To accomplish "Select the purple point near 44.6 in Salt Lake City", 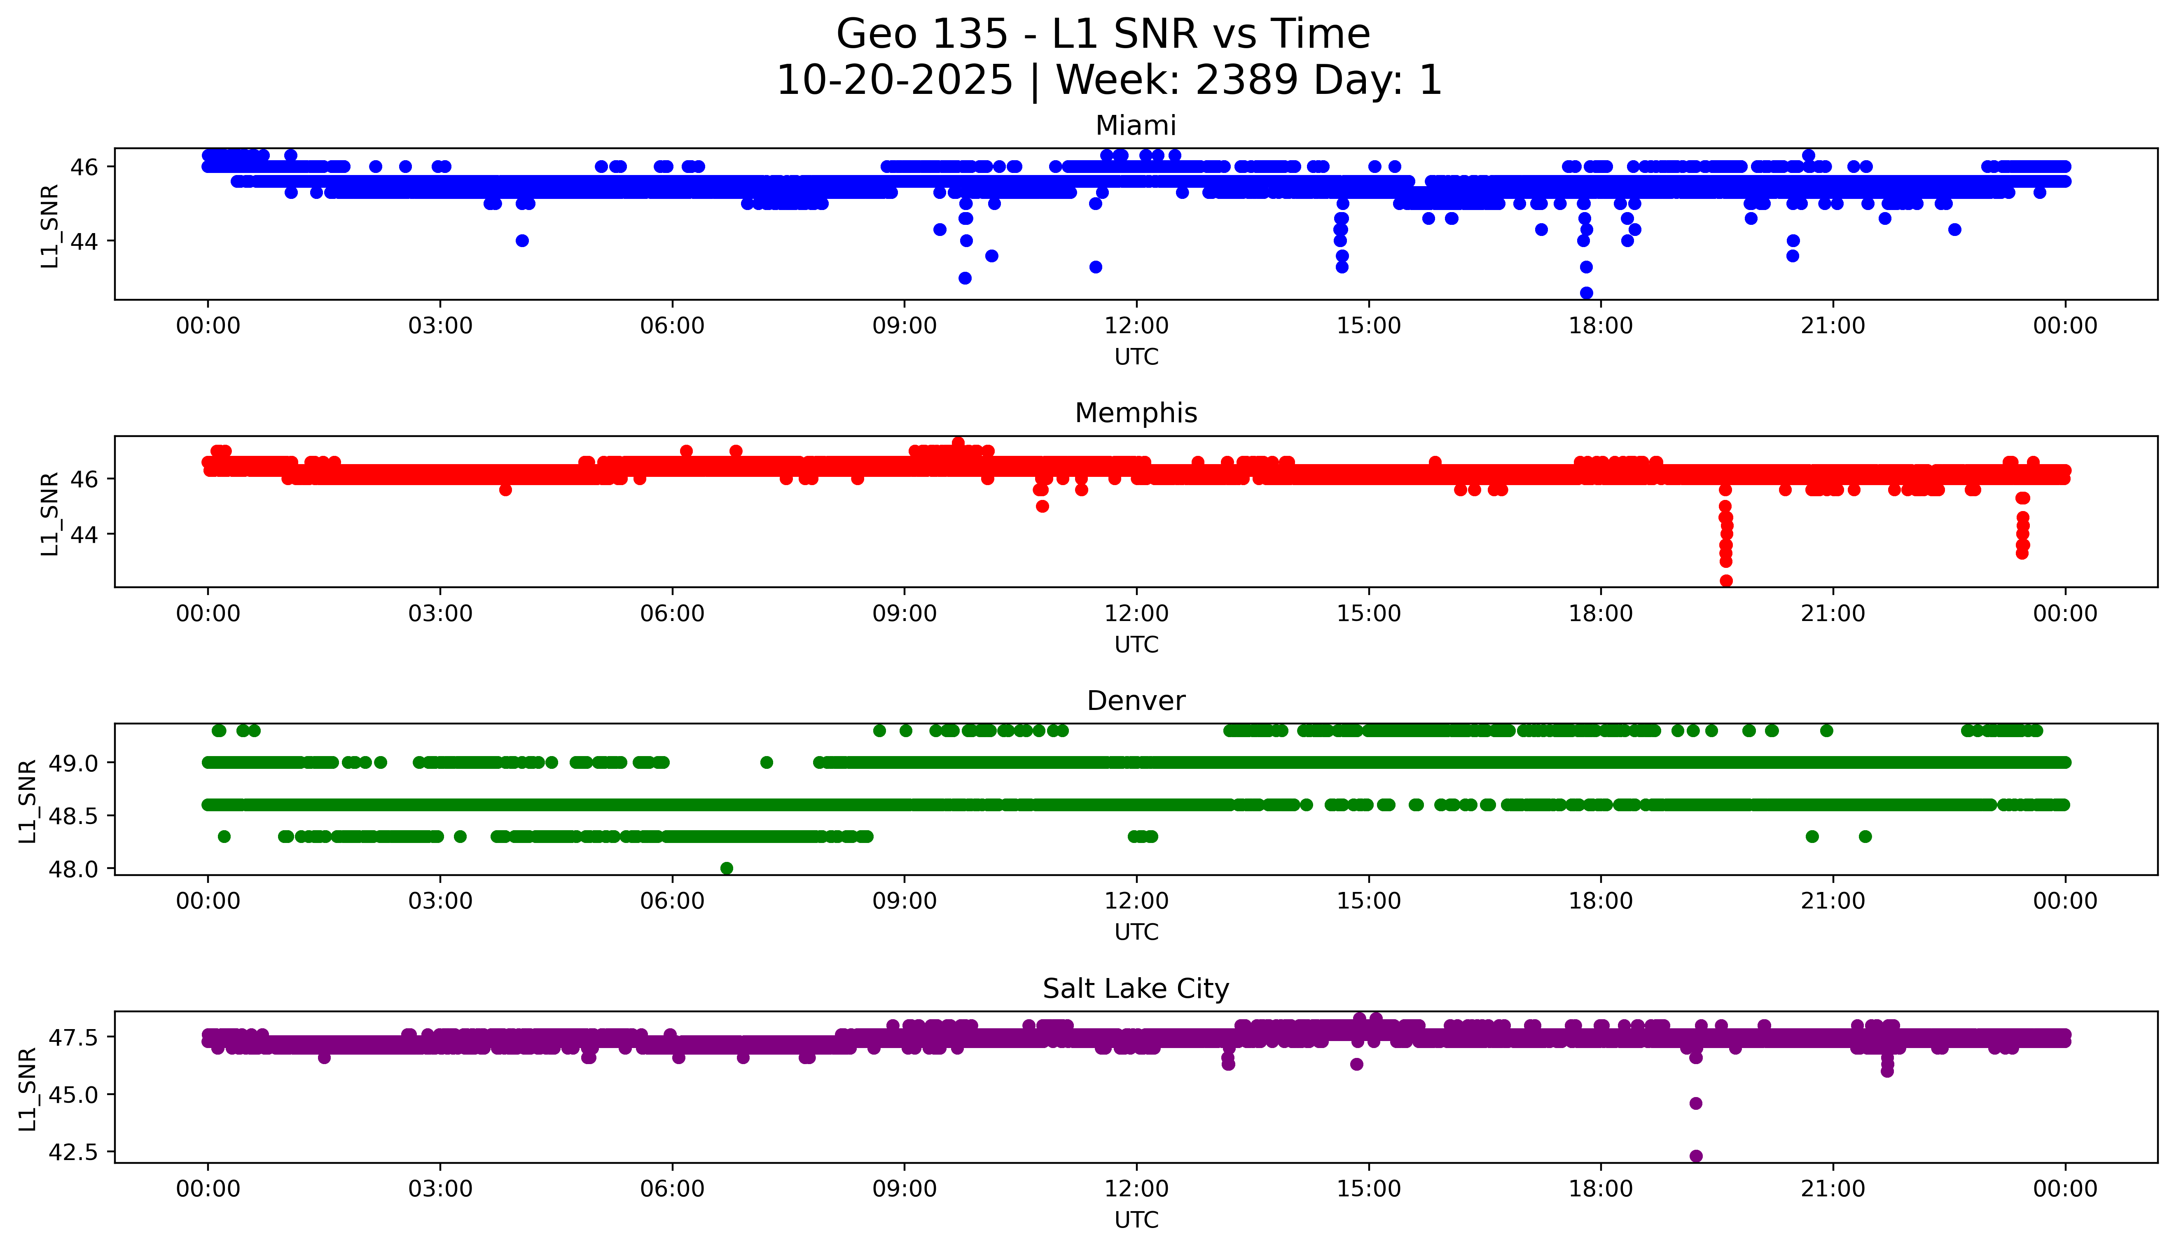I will click(x=1695, y=1103).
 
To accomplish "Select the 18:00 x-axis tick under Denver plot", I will click(x=1601, y=901).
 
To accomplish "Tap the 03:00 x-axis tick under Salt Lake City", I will click(x=440, y=1189).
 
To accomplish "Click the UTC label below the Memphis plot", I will click(x=1136, y=644).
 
